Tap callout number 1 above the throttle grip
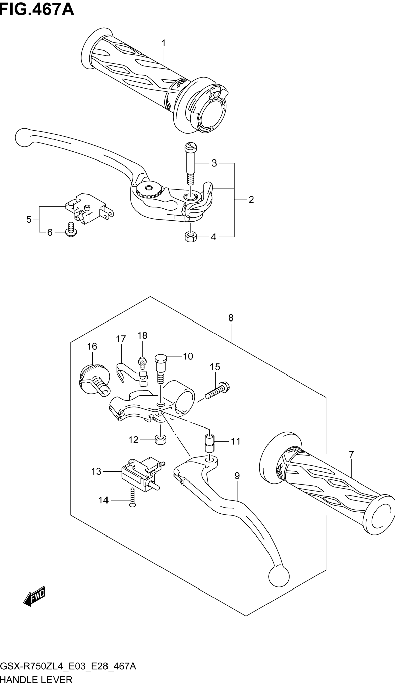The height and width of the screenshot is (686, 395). coord(164,43)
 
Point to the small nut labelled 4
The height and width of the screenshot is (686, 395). coord(191,237)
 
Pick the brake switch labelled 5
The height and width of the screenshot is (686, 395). coord(89,209)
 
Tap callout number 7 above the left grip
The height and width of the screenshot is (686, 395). coord(351,454)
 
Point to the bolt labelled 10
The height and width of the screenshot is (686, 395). coord(161,370)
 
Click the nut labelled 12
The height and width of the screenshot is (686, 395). coord(161,440)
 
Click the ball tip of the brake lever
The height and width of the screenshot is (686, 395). coord(24,137)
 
